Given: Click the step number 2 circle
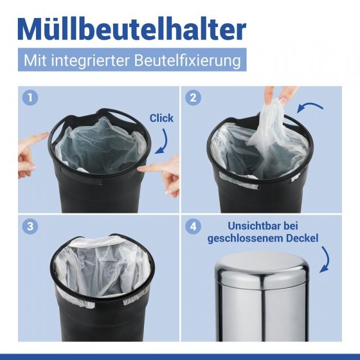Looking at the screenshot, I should click(192, 98).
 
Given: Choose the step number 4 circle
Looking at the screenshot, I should click(192, 226).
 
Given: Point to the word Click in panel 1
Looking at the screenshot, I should click(161, 118).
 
